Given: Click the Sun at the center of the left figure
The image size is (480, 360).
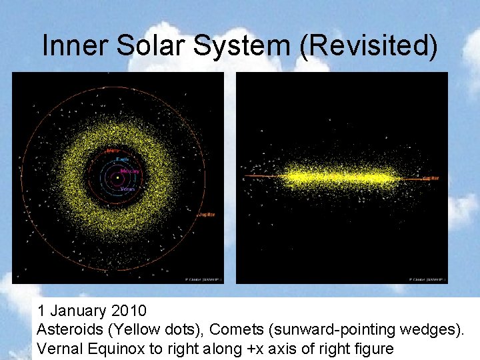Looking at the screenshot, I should tap(117, 178).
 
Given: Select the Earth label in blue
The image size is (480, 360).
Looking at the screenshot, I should tap(122, 159).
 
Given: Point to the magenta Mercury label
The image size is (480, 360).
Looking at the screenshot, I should tap(130, 171).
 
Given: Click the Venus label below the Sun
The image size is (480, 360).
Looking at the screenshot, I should tap(128, 189).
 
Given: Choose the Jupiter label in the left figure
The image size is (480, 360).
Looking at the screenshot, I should tap(206, 215).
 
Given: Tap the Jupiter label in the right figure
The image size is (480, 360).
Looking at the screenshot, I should tap(431, 179).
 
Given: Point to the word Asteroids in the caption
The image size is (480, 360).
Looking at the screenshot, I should tap(65, 329).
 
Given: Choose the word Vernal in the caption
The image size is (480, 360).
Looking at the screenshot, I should tap(57, 348).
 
